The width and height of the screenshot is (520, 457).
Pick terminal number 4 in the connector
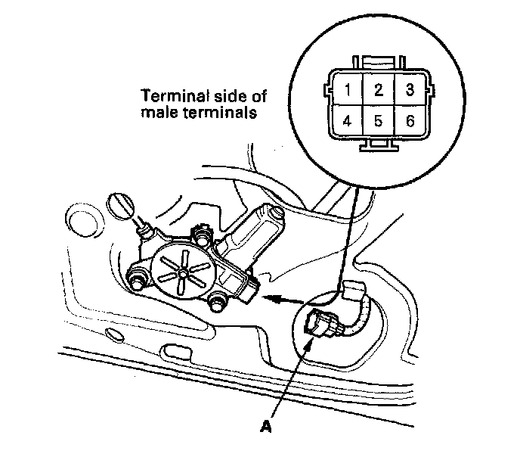coord(347,120)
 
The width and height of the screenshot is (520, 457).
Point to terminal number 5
coord(378,120)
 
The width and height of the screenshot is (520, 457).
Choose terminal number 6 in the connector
coord(410,120)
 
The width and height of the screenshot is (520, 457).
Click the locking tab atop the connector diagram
coord(378,61)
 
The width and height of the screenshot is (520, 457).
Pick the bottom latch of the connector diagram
coord(378,145)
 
